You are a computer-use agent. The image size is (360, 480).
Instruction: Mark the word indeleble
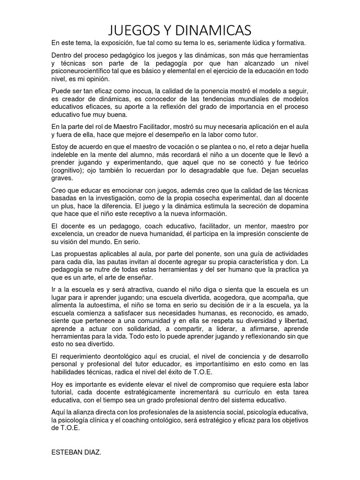click(x=66, y=155)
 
